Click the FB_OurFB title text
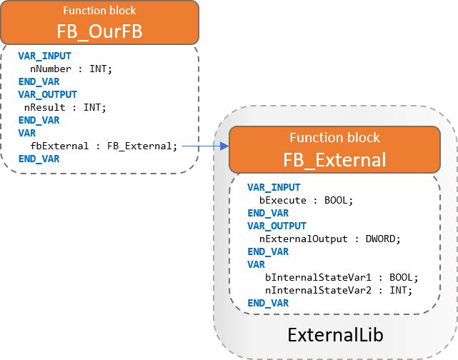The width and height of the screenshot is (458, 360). [x=99, y=31]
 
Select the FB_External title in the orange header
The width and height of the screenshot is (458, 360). [x=334, y=160]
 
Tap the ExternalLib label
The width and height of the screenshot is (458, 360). [x=335, y=334]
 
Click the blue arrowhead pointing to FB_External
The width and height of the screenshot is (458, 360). [x=225, y=146]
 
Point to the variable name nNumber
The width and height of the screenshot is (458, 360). [x=51, y=69]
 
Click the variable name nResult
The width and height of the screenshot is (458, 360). [x=45, y=107]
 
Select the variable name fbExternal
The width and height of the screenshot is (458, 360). [x=59, y=146]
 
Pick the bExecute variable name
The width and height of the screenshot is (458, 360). [x=283, y=200]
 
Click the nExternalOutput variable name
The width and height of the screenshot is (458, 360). [x=304, y=239]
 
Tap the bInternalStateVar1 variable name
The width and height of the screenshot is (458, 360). [x=318, y=277]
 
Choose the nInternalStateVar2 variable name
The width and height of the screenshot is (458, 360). [x=318, y=290]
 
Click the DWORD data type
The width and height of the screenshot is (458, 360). [x=380, y=239]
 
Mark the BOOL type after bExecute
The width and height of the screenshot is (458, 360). [x=336, y=200]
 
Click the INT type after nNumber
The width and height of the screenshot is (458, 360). [x=98, y=69]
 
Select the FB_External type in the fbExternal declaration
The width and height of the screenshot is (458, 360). [x=139, y=146]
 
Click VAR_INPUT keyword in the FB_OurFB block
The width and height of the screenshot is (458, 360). [x=45, y=56]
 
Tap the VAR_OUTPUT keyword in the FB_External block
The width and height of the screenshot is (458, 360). [x=277, y=226]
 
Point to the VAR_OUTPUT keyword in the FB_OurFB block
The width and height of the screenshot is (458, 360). [x=48, y=94]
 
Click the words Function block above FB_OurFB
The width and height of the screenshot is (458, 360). [x=99, y=11]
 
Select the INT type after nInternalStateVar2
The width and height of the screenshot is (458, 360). [x=398, y=290]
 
